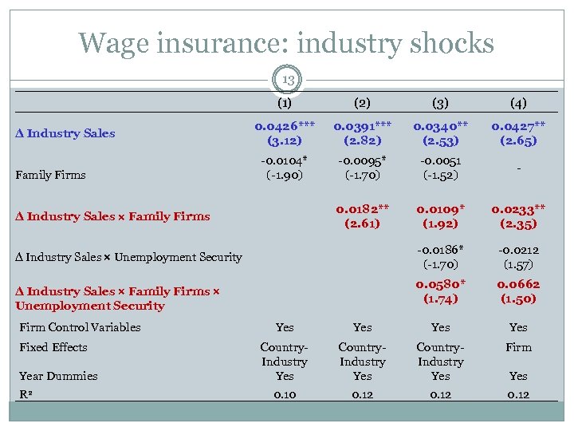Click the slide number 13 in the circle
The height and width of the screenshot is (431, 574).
[x=287, y=81]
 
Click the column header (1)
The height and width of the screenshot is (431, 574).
[x=285, y=103]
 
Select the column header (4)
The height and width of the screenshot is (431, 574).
[x=518, y=103]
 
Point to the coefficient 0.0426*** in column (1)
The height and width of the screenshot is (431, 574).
[x=285, y=125]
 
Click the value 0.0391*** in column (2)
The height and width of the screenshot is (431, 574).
[x=363, y=125]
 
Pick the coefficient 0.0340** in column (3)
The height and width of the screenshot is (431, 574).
[x=441, y=125]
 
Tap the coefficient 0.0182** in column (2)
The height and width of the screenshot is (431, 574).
[x=363, y=208]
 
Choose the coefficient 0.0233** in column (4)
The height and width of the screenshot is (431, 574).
[x=518, y=208]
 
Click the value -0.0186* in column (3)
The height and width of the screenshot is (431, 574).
[x=441, y=250]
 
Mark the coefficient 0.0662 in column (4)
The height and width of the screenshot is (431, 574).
[x=518, y=284]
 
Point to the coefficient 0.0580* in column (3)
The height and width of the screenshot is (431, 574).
[x=441, y=284]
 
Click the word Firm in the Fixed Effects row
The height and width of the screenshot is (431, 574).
[x=518, y=347]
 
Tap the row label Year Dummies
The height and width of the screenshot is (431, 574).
[x=58, y=376]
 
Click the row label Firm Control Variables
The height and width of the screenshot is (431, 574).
[x=80, y=327]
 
